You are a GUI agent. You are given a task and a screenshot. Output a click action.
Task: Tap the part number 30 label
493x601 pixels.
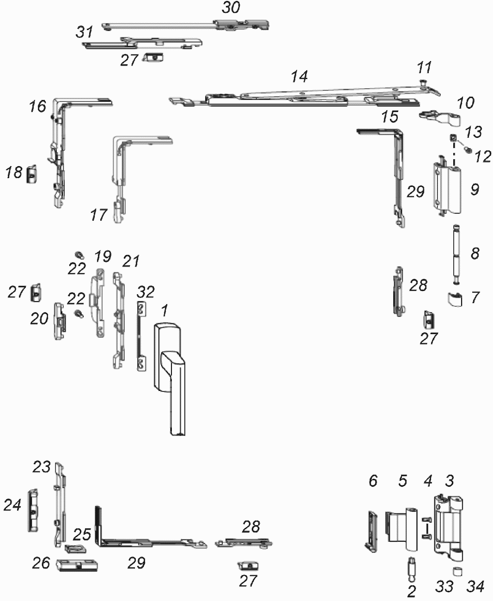click(x=231, y=8)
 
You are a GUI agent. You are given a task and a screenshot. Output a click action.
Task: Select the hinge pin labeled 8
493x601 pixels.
click(x=456, y=254)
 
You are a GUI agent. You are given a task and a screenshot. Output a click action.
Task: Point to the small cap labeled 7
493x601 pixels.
click(x=454, y=299)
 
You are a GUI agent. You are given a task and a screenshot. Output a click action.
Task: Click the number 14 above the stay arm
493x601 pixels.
click(x=299, y=77)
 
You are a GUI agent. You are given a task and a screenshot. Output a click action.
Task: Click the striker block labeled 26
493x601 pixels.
click(x=77, y=564)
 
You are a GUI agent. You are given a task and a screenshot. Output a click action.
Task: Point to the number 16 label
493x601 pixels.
click(x=37, y=106)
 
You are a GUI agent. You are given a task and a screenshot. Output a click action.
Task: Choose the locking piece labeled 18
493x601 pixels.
click(x=32, y=174)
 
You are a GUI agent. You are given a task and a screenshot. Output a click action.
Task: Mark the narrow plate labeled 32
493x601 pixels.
click(x=142, y=336)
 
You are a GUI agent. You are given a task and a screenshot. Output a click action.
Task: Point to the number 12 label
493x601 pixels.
click(x=482, y=156)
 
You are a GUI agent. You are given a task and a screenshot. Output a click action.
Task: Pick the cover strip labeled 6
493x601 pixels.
click(x=371, y=531)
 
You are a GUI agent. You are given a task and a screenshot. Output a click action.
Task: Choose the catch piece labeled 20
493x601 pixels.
click(x=60, y=322)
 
